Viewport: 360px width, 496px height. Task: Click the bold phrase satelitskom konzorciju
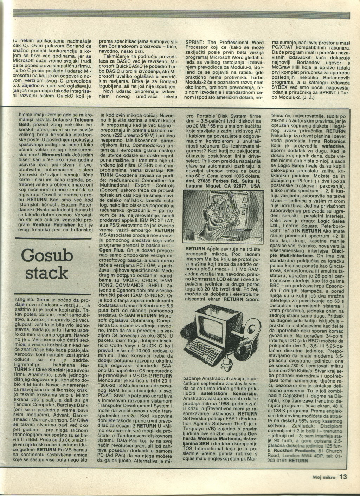pos(226,394)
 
